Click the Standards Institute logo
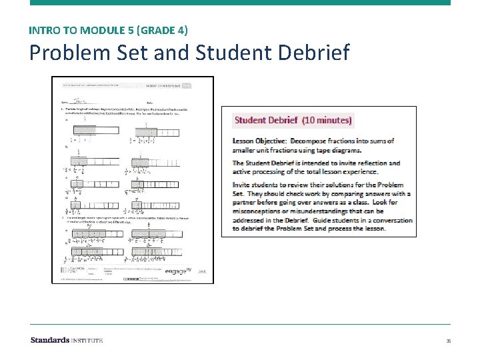point(67,340)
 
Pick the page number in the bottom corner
point(448,341)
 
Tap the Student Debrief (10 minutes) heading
point(293,121)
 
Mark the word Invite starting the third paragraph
point(243,185)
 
